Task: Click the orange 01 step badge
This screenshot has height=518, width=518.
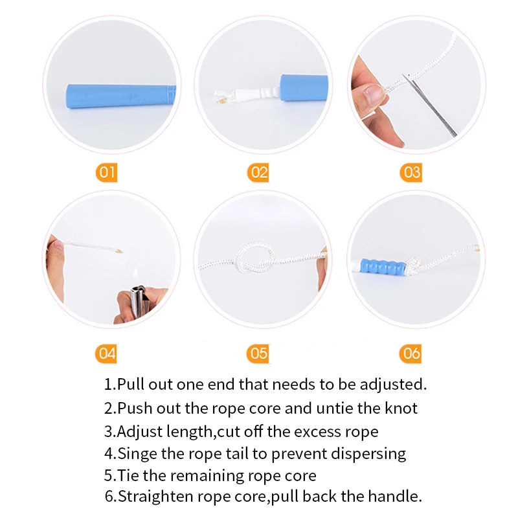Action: click(x=106, y=172)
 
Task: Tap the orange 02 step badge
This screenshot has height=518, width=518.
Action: click(x=258, y=172)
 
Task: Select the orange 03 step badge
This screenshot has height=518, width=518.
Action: click(x=411, y=172)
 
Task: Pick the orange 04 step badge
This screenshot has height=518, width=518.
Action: click(x=106, y=354)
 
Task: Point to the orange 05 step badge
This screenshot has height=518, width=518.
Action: click(x=258, y=354)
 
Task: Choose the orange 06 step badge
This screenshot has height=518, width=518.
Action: click(x=411, y=354)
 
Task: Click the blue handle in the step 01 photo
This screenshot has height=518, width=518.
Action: click(x=121, y=96)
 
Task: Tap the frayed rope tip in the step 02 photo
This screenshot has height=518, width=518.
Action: click(x=220, y=96)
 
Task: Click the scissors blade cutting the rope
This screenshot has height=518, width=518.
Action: click(x=429, y=105)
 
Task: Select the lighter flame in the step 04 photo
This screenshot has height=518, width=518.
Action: click(x=135, y=273)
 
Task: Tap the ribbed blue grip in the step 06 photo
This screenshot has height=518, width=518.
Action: click(x=383, y=267)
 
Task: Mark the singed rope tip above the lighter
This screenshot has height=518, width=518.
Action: click(x=118, y=251)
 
